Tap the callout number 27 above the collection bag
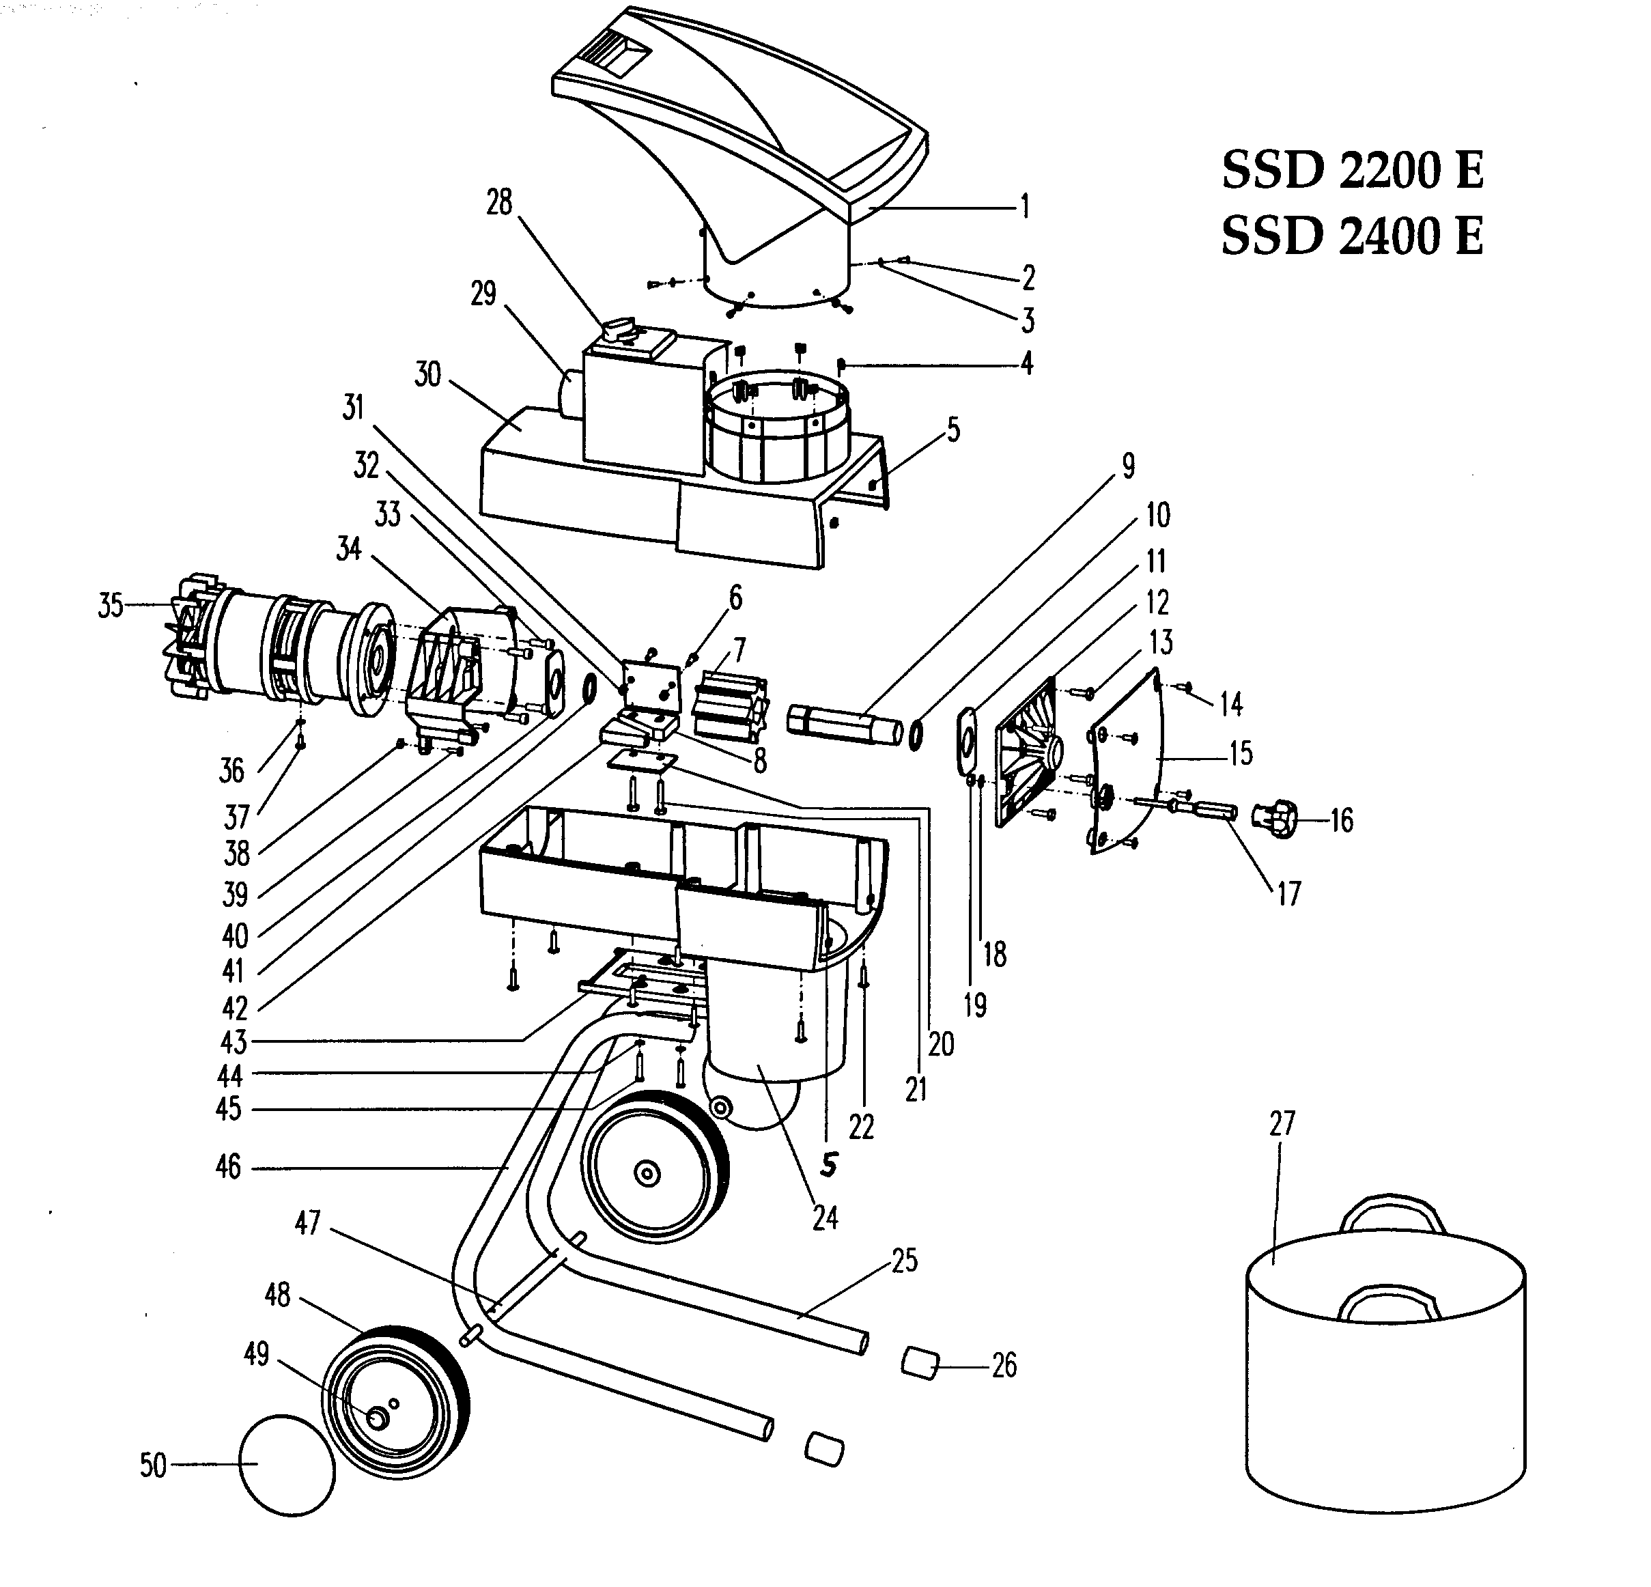point(1281,1124)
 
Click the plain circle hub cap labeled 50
point(287,1465)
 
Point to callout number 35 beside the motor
point(111,606)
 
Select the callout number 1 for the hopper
point(1024,206)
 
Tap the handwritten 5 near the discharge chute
point(829,1164)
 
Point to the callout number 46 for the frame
point(228,1168)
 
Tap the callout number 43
point(234,1042)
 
